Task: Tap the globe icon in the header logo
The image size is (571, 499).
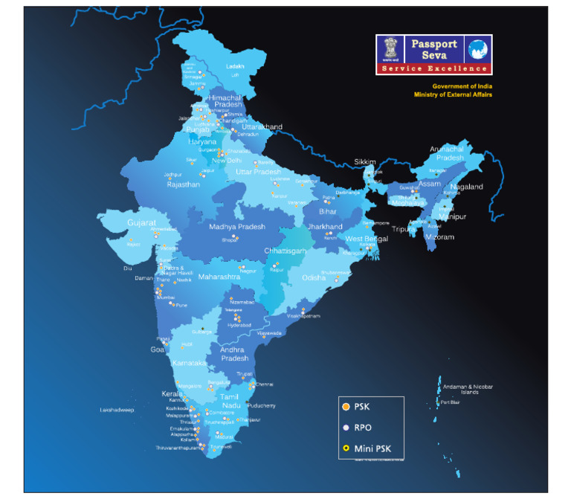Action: pos(477,50)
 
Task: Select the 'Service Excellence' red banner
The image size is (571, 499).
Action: pos(433,68)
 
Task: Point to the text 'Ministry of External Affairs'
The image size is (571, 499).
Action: pos(453,94)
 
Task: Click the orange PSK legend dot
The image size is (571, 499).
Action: pos(345,407)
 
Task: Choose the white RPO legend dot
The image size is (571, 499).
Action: pos(345,428)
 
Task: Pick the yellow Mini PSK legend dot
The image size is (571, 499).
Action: pos(345,448)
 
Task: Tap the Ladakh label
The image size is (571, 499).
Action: pos(235,66)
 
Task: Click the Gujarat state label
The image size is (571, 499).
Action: pos(141,222)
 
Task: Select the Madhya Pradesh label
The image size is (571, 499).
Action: pos(236,227)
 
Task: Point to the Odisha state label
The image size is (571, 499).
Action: pos(314,277)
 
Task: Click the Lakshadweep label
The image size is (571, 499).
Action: pos(117,410)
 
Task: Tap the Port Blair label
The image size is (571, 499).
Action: pos(450,402)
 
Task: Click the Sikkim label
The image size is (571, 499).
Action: pos(365,161)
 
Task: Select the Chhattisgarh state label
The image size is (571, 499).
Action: pos(285,251)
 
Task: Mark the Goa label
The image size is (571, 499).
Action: pos(158,349)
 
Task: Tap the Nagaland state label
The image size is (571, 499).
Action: pos(468,187)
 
